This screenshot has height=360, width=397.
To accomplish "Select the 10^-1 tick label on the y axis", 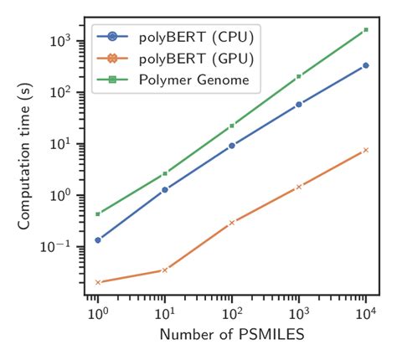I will click(66, 246).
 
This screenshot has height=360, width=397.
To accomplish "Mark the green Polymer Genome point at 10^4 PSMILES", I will click(366, 30).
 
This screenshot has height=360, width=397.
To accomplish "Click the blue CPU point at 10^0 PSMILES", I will click(98, 240).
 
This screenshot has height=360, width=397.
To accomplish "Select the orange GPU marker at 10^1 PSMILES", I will click(165, 270).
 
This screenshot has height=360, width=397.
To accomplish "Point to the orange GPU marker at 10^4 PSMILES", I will click(366, 150).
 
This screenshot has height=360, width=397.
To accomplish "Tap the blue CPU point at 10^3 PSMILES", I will click(299, 105).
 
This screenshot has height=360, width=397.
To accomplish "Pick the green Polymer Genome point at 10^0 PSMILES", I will click(98, 214).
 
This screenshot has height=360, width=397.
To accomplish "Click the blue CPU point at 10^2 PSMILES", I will click(232, 145).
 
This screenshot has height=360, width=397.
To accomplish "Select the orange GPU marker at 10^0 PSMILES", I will click(98, 282).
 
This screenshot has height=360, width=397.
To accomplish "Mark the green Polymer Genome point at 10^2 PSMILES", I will click(232, 126).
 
